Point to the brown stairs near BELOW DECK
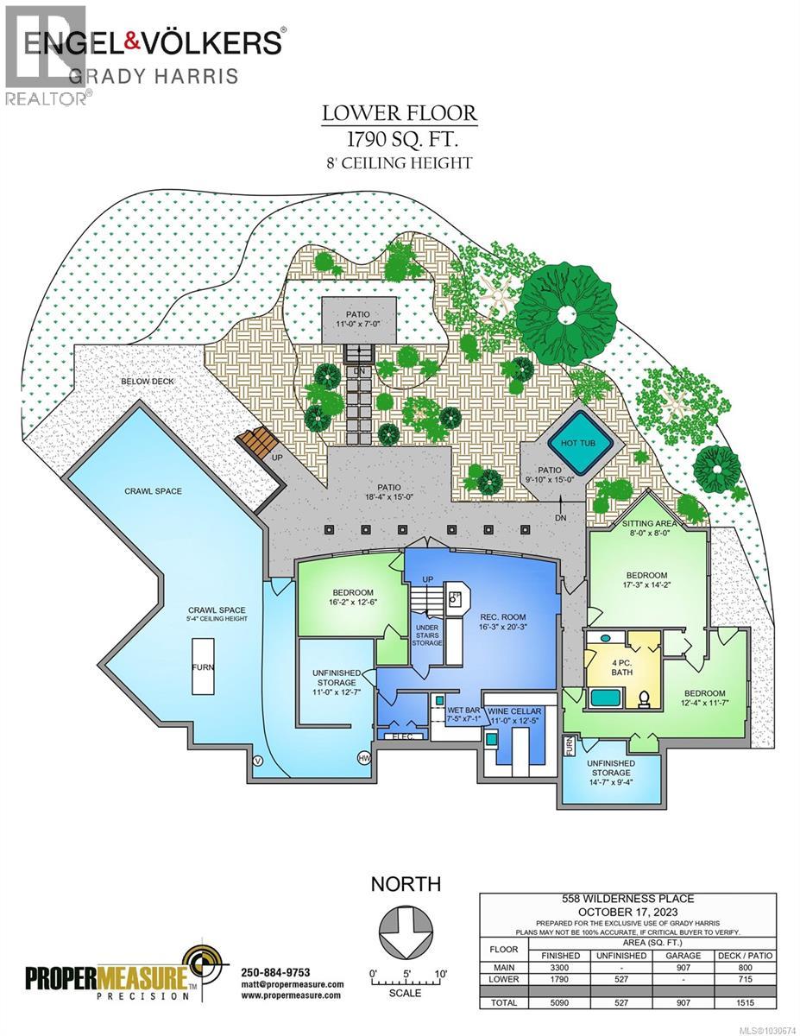coord(255,443)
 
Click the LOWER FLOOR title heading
coord(399,114)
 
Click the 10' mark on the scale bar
coord(440,973)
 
